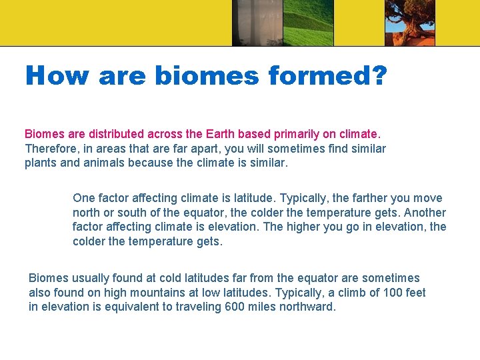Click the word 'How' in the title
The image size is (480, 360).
(56, 76)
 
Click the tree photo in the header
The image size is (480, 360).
(409, 23)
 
